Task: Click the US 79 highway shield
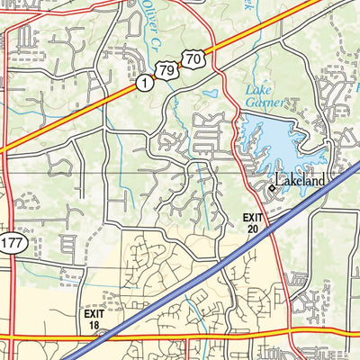(165, 70)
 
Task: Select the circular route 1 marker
(143, 83)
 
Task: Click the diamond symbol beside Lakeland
(274, 188)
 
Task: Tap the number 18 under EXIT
(95, 326)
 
